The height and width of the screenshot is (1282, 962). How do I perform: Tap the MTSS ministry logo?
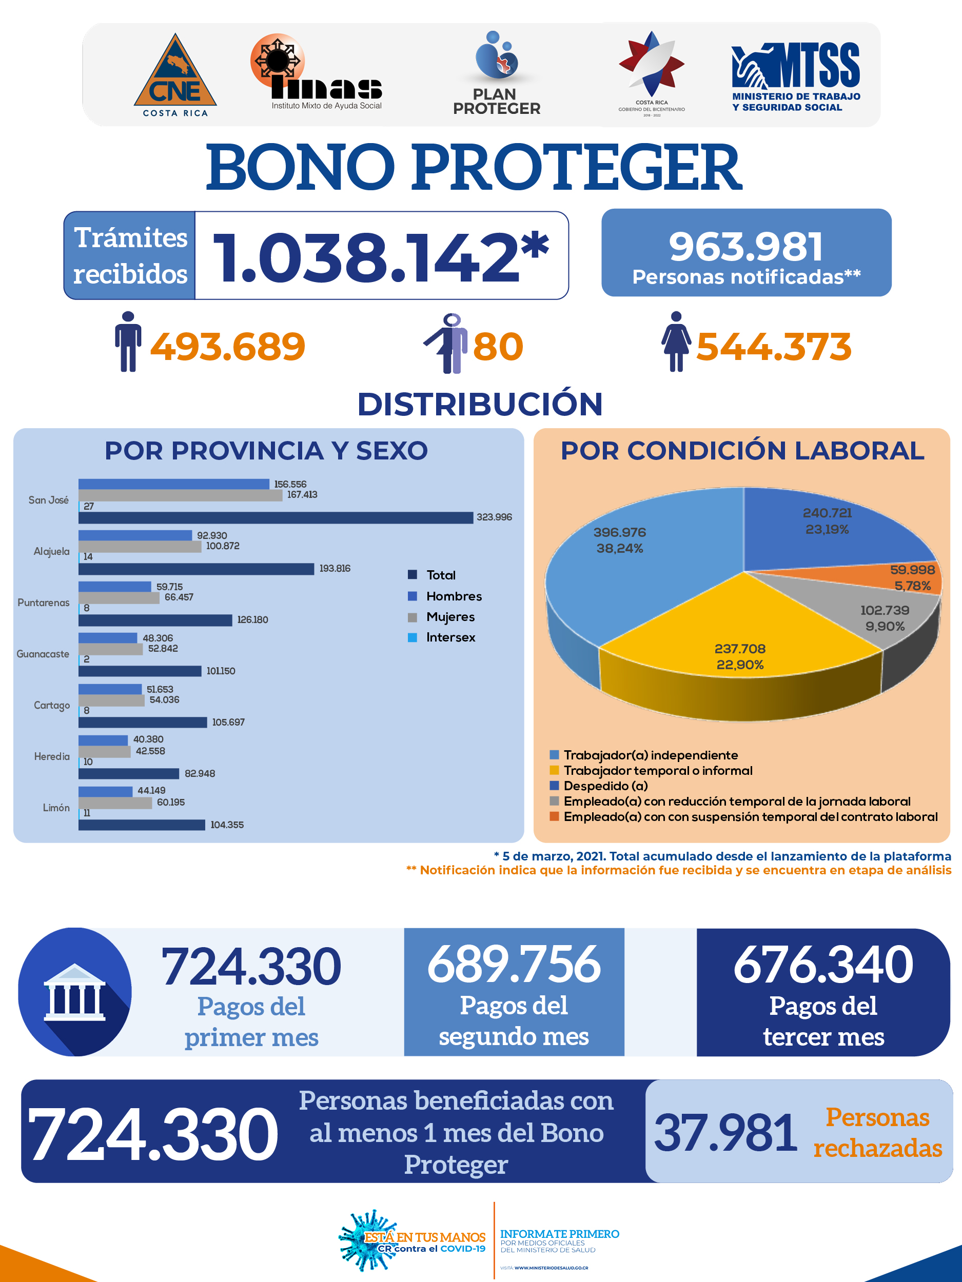796,77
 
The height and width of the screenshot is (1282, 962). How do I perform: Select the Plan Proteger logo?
496,73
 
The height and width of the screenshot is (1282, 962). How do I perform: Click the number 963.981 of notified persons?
747,246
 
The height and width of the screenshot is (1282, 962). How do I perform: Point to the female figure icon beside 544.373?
676,342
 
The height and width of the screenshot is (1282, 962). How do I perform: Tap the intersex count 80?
498,347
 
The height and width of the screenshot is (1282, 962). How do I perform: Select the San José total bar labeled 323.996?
276,517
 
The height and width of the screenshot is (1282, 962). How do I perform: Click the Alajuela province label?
52,551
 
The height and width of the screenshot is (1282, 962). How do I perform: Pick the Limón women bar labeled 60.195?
115,803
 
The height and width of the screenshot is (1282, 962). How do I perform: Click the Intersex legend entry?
441,637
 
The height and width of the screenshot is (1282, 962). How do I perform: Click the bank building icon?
75,992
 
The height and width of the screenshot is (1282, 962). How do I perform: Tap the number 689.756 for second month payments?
514,965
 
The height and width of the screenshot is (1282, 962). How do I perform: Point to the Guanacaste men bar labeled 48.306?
108,638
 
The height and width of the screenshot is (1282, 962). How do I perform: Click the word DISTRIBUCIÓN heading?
480,404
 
